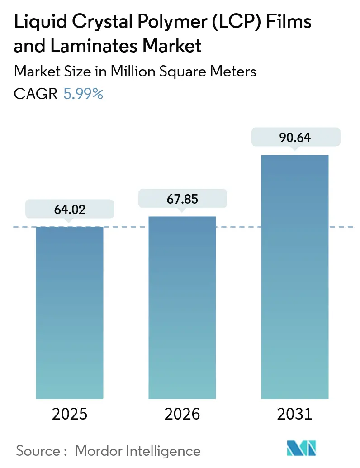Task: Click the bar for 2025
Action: tap(70, 312)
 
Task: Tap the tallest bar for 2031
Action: tap(294, 277)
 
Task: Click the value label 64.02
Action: tap(70, 210)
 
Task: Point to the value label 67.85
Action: tap(182, 199)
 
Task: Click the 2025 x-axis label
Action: tap(70, 414)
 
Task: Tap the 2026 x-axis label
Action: tap(182, 414)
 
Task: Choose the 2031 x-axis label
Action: tap(294, 414)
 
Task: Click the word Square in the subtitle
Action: tap(182, 72)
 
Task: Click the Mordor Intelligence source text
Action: tap(137, 451)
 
